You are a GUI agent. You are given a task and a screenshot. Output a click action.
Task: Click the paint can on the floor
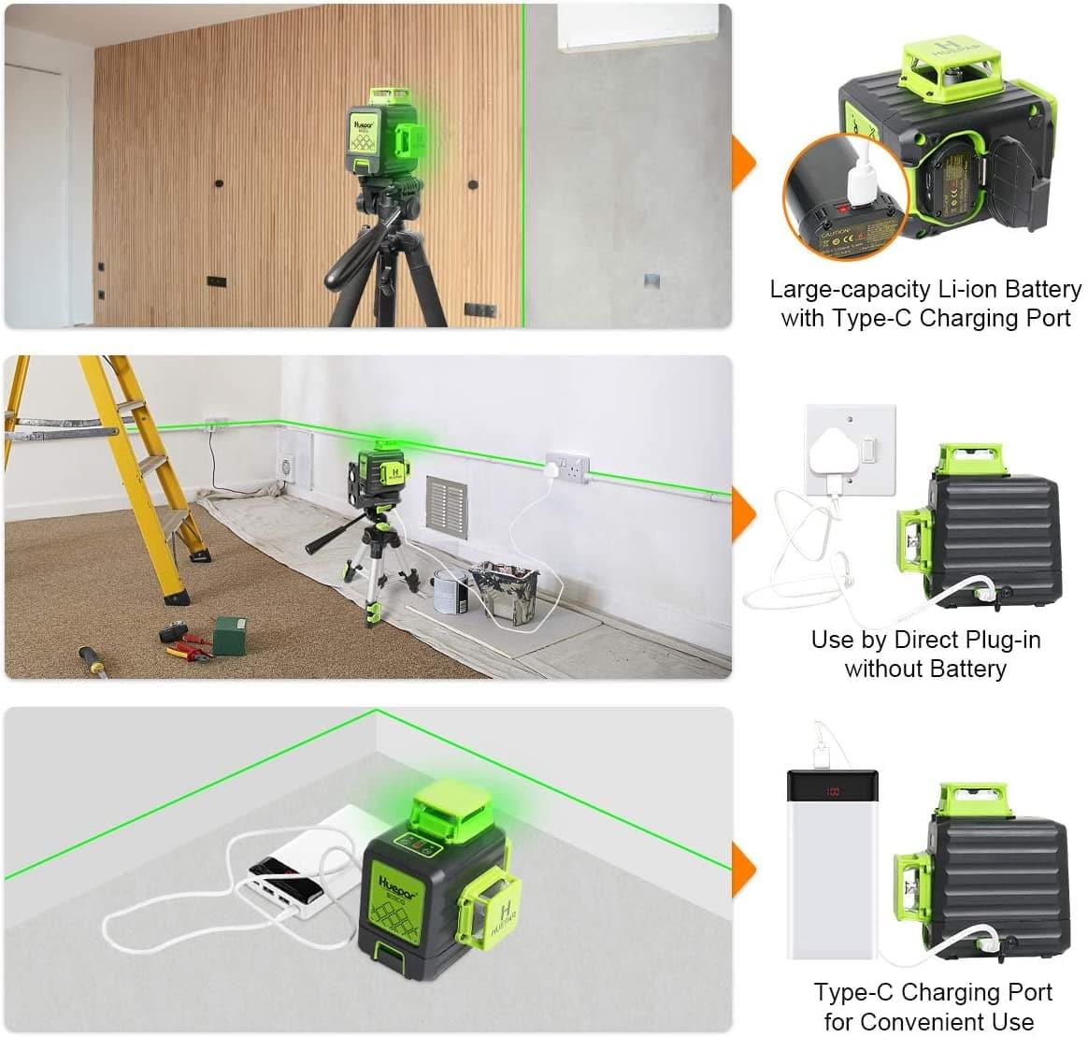click(450, 592)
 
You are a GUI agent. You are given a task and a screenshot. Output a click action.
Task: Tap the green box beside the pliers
click(230, 635)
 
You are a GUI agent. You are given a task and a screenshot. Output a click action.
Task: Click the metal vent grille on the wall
click(445, 504)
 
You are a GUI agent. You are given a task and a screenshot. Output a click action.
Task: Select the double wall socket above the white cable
click(567, 465)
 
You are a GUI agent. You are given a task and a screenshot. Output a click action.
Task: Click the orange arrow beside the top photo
click(743, 164)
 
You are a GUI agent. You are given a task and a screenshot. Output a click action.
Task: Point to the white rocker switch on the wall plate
click(868, 453)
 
